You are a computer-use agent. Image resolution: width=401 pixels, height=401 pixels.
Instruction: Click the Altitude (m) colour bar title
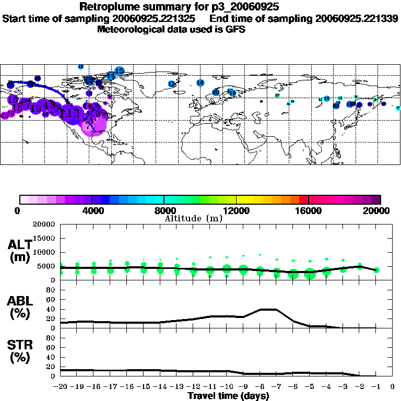193,218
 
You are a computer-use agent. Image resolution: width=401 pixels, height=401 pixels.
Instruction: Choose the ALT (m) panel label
20,250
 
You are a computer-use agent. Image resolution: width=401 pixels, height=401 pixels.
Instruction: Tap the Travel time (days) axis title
228,396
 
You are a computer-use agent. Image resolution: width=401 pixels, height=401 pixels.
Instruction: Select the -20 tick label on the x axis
61,387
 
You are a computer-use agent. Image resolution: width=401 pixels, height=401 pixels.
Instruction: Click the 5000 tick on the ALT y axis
46,266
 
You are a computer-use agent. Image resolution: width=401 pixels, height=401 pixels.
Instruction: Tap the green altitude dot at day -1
376,270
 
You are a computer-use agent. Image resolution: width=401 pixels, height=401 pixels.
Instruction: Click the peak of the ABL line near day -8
268,309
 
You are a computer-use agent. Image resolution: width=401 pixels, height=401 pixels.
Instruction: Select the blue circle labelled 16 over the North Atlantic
200,82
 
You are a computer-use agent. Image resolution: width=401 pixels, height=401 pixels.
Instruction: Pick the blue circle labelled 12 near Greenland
172,84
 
